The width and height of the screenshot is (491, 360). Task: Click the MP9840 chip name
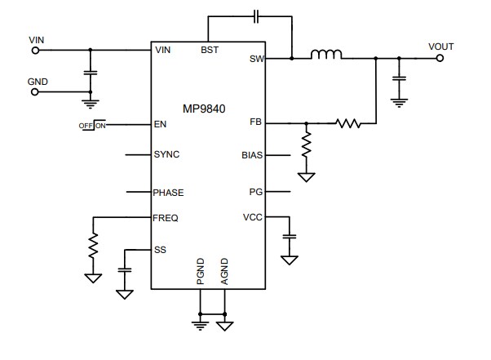coord(210,109)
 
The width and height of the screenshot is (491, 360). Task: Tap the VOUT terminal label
coord(440,46)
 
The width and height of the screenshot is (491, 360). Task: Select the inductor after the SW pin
coord(326,56)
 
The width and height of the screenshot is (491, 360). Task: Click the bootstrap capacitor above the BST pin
coord(256,15)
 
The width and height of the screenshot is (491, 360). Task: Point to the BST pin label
coord(209,51)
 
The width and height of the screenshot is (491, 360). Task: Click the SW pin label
coord(256,59)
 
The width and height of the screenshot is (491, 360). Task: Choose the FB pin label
coord(256,123)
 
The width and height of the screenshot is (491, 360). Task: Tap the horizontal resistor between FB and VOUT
coord(347,124)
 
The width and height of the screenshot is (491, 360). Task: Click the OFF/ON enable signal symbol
coord(93,125)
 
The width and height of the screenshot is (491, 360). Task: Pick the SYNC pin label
coord(166,154)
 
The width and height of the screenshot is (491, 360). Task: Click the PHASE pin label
coord(169,193)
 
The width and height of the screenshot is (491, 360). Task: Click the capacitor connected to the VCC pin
coord(289,238)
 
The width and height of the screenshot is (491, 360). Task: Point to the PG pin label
coord(256,193)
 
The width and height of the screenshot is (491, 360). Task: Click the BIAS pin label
coord(252,154)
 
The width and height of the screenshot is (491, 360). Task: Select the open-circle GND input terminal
coord(35,91)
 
